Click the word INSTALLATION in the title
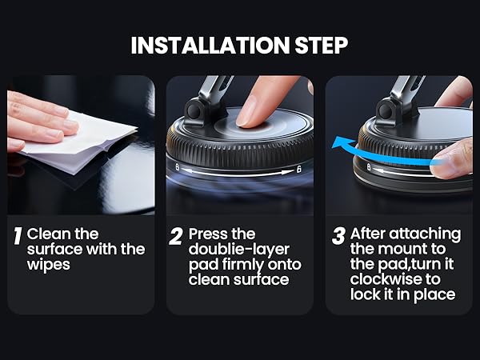210,46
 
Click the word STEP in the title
321,46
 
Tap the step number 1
18,236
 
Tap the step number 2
176,236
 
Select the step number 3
339,236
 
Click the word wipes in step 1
48,265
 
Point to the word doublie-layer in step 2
238,250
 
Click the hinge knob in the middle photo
194,110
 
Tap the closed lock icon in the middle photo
178,167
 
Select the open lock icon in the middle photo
299,169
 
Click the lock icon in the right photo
369,167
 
